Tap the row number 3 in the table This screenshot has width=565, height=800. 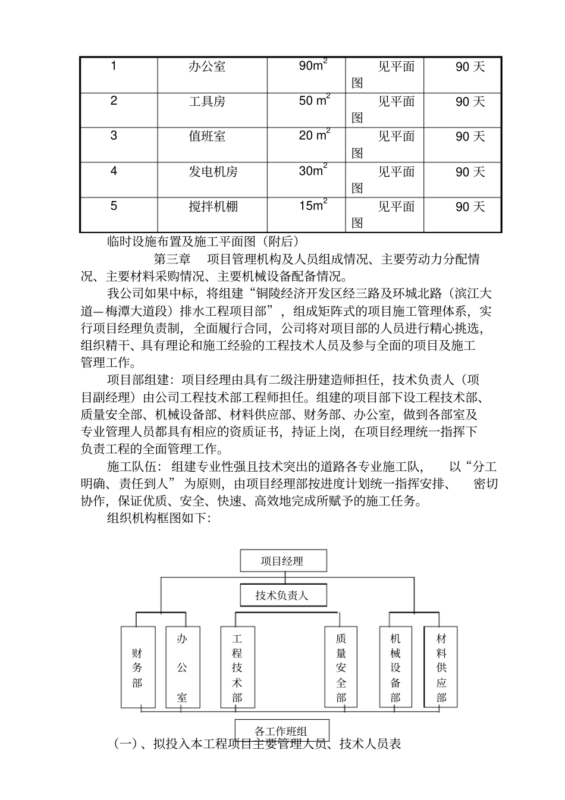[114, 136]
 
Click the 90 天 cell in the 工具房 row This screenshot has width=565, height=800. [470, 102]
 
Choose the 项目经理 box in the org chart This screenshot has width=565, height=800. [282, 560]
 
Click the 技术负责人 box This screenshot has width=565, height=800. [282, 595]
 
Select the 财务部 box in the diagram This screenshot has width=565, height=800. [137, 667]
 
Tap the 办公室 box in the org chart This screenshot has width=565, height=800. [182, 667]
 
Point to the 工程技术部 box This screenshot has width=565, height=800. [237, 667]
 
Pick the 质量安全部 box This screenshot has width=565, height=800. [341, 667]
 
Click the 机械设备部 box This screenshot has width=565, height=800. [395, 667]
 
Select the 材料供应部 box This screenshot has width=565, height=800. [441, 667]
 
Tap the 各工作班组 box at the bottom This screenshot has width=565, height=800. [281, 730]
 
